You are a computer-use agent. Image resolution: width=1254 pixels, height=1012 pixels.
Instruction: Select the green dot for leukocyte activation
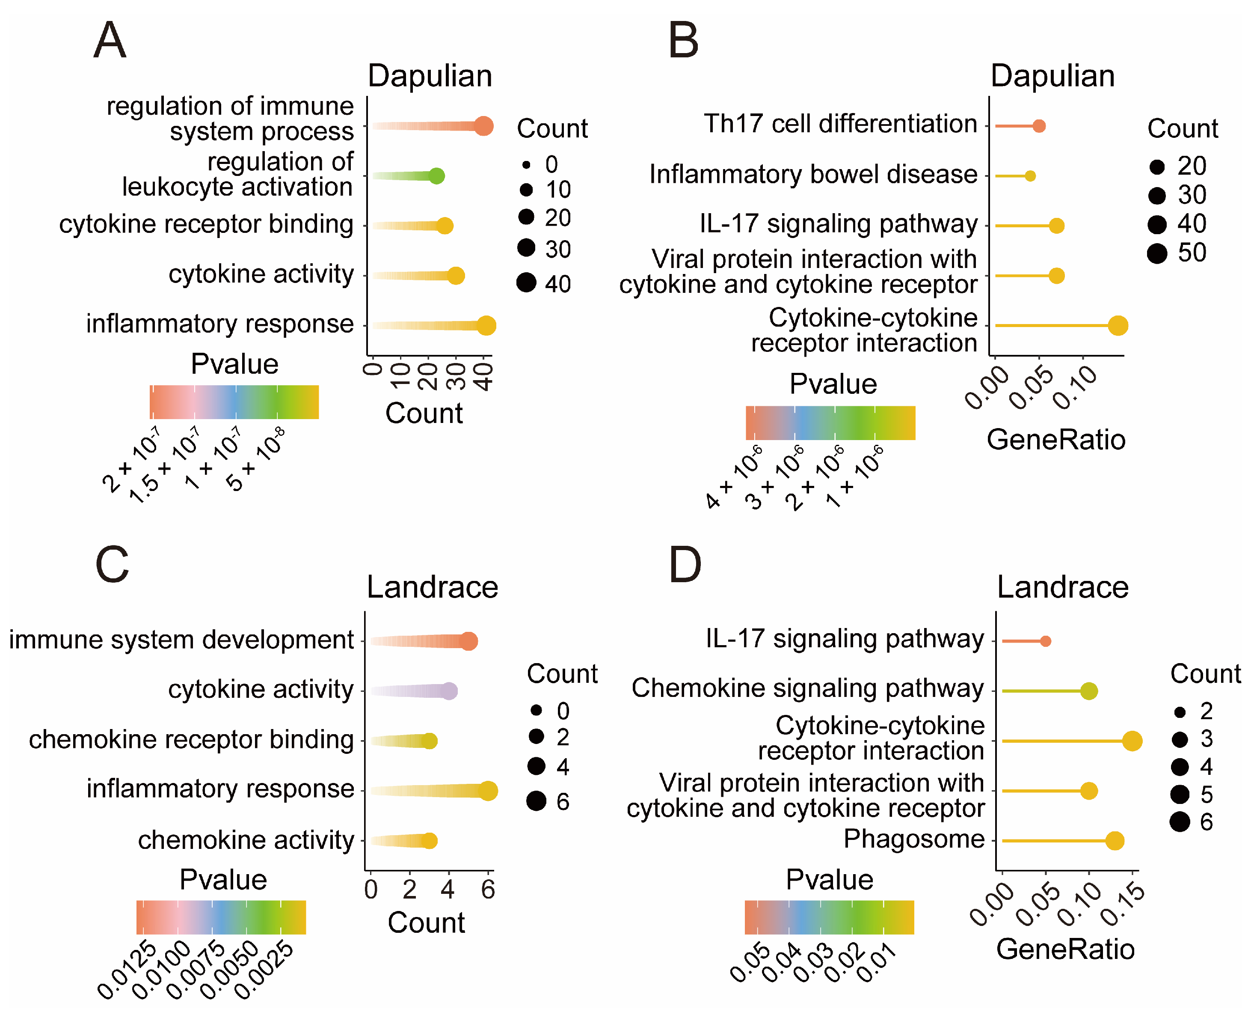436,176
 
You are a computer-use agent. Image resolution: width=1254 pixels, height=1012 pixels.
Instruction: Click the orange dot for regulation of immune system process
483,126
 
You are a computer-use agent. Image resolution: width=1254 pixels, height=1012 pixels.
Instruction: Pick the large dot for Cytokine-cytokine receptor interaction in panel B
1118,325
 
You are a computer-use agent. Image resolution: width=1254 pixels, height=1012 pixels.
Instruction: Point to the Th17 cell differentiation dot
1039,126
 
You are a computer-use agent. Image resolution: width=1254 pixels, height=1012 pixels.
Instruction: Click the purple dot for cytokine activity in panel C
449,691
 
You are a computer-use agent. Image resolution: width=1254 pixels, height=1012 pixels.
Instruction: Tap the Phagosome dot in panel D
1115,841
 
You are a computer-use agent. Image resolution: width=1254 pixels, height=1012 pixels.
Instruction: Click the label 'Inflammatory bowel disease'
813,174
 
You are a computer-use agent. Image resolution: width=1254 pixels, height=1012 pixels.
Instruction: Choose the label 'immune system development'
181,640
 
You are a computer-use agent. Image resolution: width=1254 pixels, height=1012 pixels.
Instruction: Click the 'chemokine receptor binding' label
191,739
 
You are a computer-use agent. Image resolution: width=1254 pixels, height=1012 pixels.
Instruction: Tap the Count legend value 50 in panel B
1192,253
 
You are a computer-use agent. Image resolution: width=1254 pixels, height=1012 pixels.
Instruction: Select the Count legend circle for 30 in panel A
526,248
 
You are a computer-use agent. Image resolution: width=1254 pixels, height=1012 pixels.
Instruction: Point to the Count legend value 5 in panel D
1206,795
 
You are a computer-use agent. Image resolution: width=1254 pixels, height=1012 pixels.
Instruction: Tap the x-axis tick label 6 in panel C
488,890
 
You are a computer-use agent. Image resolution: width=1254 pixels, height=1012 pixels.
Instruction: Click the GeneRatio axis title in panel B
1056,440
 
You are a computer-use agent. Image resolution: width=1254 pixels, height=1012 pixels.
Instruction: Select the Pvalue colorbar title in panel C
223,879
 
